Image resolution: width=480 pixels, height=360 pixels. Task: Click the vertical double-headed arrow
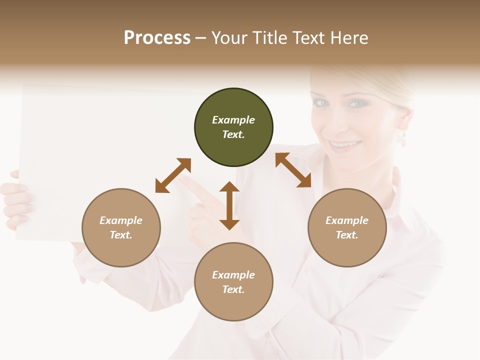tap(229, 205)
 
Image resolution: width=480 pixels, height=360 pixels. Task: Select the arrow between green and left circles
tap(173, 175)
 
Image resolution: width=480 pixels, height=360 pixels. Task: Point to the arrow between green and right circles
tap(293, 170)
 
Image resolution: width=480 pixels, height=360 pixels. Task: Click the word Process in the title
tap(157, 38)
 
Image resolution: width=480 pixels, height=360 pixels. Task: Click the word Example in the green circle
tap(233, 120)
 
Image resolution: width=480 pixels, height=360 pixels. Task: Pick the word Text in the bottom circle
tap(233, 289)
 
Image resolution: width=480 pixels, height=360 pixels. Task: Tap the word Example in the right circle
tap(347, 220)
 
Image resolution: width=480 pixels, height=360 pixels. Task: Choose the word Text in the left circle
tap(121, 235)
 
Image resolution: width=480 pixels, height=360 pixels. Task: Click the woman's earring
tap(403, 139)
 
